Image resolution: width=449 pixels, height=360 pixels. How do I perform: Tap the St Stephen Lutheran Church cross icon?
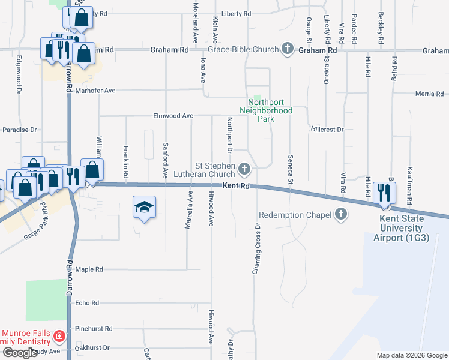(x=244, y=170)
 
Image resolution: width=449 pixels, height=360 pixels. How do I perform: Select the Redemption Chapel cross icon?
(x=341, y=214)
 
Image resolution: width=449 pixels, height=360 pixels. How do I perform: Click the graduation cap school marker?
(x=144, y=208)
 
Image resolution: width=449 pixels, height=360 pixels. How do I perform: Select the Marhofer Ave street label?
(x=94, y=91)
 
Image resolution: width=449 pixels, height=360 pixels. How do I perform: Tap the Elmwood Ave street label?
(x=173, y=115)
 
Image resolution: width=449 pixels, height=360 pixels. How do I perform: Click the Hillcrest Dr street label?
(x=327, y=129)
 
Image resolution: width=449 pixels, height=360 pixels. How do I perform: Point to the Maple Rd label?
(x=89, y=269)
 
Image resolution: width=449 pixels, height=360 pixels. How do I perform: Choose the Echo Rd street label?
(x=87, y=303)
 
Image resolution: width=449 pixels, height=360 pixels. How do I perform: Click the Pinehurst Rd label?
(x=94, y=329)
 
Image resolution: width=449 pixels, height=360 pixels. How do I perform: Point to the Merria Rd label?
(x=429, y=94)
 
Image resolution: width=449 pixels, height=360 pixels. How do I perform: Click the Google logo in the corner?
(x=20, y=353)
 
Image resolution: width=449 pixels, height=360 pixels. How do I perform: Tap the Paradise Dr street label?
(x=20, y=130)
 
